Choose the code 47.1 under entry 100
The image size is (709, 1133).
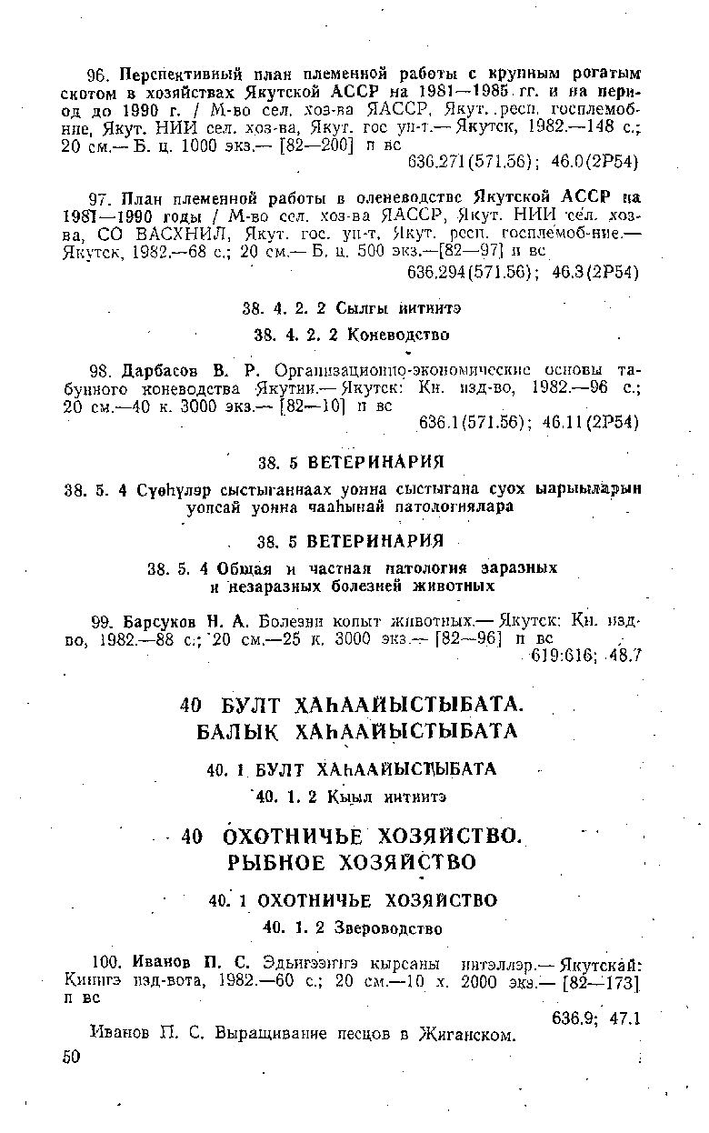point(624,1018)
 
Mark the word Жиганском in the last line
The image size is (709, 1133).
point(464,1035)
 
